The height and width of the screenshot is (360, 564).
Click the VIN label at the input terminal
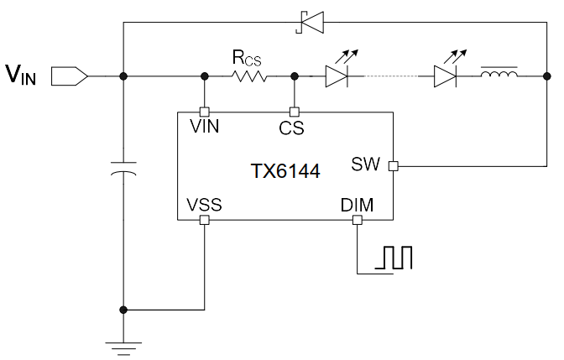(x=22, y=75)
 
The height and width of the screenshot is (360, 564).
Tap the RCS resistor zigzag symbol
(x=248, y=76)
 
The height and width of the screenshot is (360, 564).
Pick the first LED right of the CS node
(x=336, y=76)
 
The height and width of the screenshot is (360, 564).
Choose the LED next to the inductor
(x=446, y=76)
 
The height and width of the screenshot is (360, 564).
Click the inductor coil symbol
(x=499, y=76)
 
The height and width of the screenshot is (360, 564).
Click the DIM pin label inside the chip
(x=358, y=205)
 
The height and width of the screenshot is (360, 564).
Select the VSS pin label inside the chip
(x=204, y=205)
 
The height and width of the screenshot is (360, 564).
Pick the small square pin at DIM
(x=358, y=221)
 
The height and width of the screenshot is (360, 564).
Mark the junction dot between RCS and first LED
(x=294, y=76)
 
